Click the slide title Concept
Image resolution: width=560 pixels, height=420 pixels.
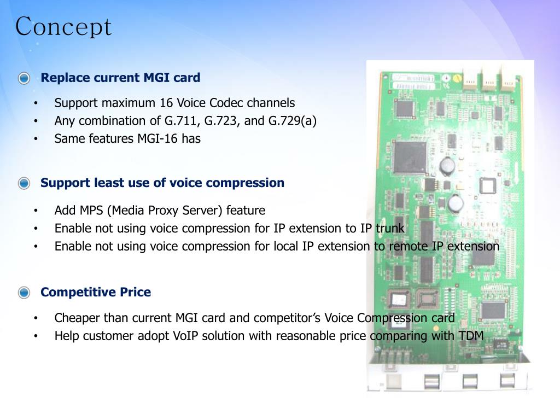(x=63, y=27)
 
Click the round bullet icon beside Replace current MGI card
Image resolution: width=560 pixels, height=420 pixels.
(x=24, y=78)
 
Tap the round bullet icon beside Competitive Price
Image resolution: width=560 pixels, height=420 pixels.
(x=24, y=293)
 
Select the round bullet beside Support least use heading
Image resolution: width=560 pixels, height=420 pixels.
(x=24, y=183)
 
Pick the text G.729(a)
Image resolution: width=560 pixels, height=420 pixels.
(x=293, y=121)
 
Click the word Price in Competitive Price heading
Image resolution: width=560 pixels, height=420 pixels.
(x=135, y=292)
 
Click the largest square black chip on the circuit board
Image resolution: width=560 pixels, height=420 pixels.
(x=409, y=157)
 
